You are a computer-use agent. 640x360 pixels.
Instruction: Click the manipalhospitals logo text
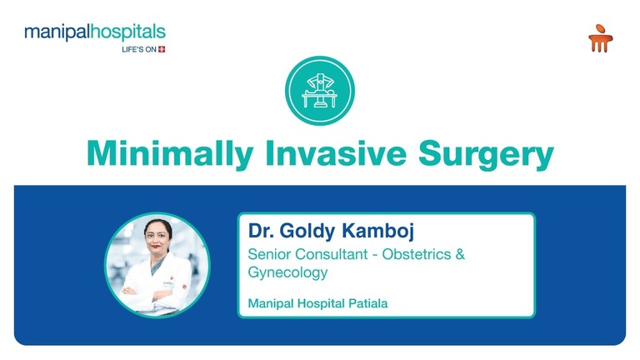[94, 33]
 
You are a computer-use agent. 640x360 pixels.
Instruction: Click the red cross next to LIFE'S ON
[162, 49]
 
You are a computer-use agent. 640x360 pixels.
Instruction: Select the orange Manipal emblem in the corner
[598, 38]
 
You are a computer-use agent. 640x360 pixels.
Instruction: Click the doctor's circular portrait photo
[157, 264]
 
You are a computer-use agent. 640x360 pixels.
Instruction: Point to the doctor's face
[157, 242]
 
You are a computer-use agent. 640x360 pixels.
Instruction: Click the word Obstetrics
[414, 253]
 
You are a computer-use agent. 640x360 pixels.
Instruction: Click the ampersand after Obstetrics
[458, 253]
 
